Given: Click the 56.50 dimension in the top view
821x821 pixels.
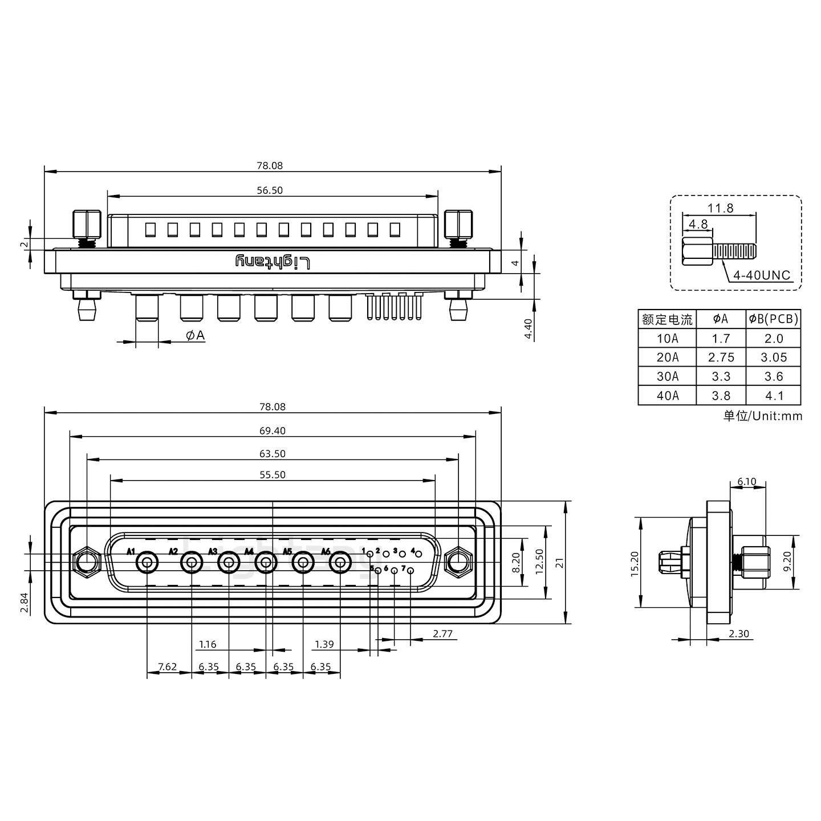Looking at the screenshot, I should click(270, 190).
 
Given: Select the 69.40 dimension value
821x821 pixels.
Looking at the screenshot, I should click(272, 431).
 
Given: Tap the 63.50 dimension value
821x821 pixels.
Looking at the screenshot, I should click(272, 454).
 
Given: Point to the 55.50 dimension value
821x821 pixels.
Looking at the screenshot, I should click(272, 474).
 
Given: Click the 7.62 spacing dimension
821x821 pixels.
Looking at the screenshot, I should click(167, 666).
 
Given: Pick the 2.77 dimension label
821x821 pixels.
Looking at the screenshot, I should click(442, 633).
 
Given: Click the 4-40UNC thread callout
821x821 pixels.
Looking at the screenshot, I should click(762, 276).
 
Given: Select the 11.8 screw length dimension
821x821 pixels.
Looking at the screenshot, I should click(721, 208).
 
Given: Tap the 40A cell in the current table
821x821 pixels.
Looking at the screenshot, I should click(667, 396).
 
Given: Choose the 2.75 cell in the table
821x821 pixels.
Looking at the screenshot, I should click(721, 357).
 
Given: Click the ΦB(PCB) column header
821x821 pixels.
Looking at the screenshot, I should click(774, 319).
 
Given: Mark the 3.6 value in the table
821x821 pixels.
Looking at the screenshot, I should click(774, 376).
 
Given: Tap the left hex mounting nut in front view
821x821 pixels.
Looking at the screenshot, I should click(86, 563).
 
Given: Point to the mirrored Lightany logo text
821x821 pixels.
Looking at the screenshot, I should click(273, 262).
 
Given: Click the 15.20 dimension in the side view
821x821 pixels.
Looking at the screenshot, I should click(634, 563).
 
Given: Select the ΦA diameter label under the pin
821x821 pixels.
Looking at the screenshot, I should click(195, 336).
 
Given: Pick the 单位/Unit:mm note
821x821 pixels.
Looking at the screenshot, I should click(762, 416).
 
